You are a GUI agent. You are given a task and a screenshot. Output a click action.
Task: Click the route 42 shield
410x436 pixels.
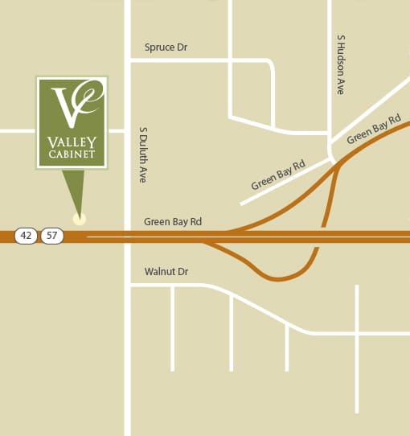point(27,236)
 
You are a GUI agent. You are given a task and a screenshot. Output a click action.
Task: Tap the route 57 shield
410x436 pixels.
point(52,236)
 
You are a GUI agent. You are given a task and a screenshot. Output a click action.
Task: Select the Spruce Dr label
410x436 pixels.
point(166,47)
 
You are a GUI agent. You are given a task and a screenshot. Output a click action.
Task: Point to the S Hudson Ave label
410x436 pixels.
point(341,64)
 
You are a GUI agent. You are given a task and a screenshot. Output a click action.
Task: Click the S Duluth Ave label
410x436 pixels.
point(142,154)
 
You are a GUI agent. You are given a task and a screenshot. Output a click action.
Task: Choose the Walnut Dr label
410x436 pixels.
point(166,272)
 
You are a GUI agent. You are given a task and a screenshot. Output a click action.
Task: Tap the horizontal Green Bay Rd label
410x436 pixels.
point(172,221)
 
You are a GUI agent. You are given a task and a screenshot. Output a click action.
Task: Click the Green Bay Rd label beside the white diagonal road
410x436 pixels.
point(278,175)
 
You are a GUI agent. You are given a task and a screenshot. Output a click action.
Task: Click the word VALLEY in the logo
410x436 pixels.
point(72,143)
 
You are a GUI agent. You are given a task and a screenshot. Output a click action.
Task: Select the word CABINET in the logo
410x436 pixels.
point(72,155)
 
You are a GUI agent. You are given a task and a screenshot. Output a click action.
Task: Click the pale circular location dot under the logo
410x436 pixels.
point(78,218)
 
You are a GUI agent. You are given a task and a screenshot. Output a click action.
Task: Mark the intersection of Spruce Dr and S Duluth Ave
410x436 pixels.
point(128,60)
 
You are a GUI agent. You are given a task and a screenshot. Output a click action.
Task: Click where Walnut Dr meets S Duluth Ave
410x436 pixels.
point(128,285)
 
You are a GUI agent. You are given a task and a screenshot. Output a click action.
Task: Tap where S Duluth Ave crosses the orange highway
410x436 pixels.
point(128,236)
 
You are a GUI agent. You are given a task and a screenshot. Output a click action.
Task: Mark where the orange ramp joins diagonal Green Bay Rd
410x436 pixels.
point(338,163)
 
